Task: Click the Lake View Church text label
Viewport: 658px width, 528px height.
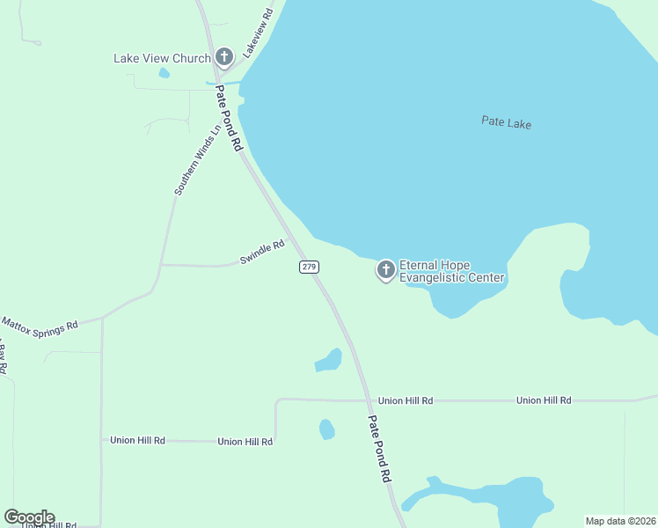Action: click(x=162, y=59)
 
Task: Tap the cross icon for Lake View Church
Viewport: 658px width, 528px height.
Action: click(x=223, y=58)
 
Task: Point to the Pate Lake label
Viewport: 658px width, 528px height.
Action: click(x=506, y=122)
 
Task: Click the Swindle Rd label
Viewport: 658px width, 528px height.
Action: click(x=263, y=252)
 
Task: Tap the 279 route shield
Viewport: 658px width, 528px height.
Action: click(x=308, y=267)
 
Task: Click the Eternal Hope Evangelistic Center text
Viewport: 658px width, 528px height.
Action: click(x=451, y=271)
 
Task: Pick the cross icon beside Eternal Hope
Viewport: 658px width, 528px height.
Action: click(x=385, y=270)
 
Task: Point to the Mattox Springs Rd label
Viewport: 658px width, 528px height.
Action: click(x=40, y=327)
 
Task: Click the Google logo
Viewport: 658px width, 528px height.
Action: click(x=29, y=517)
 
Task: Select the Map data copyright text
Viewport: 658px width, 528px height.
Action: click(x=619, y=521)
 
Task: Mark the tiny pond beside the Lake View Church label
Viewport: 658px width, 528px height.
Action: click(x=164, y=73)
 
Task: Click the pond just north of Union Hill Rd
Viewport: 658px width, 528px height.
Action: click(x=329, y=360)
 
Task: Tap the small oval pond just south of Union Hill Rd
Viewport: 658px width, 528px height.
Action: click(x=326, y=429)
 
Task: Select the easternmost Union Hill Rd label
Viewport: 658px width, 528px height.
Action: click(x=544, y=400)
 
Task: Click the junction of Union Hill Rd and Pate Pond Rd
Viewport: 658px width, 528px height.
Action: click(x=367, y=400)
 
